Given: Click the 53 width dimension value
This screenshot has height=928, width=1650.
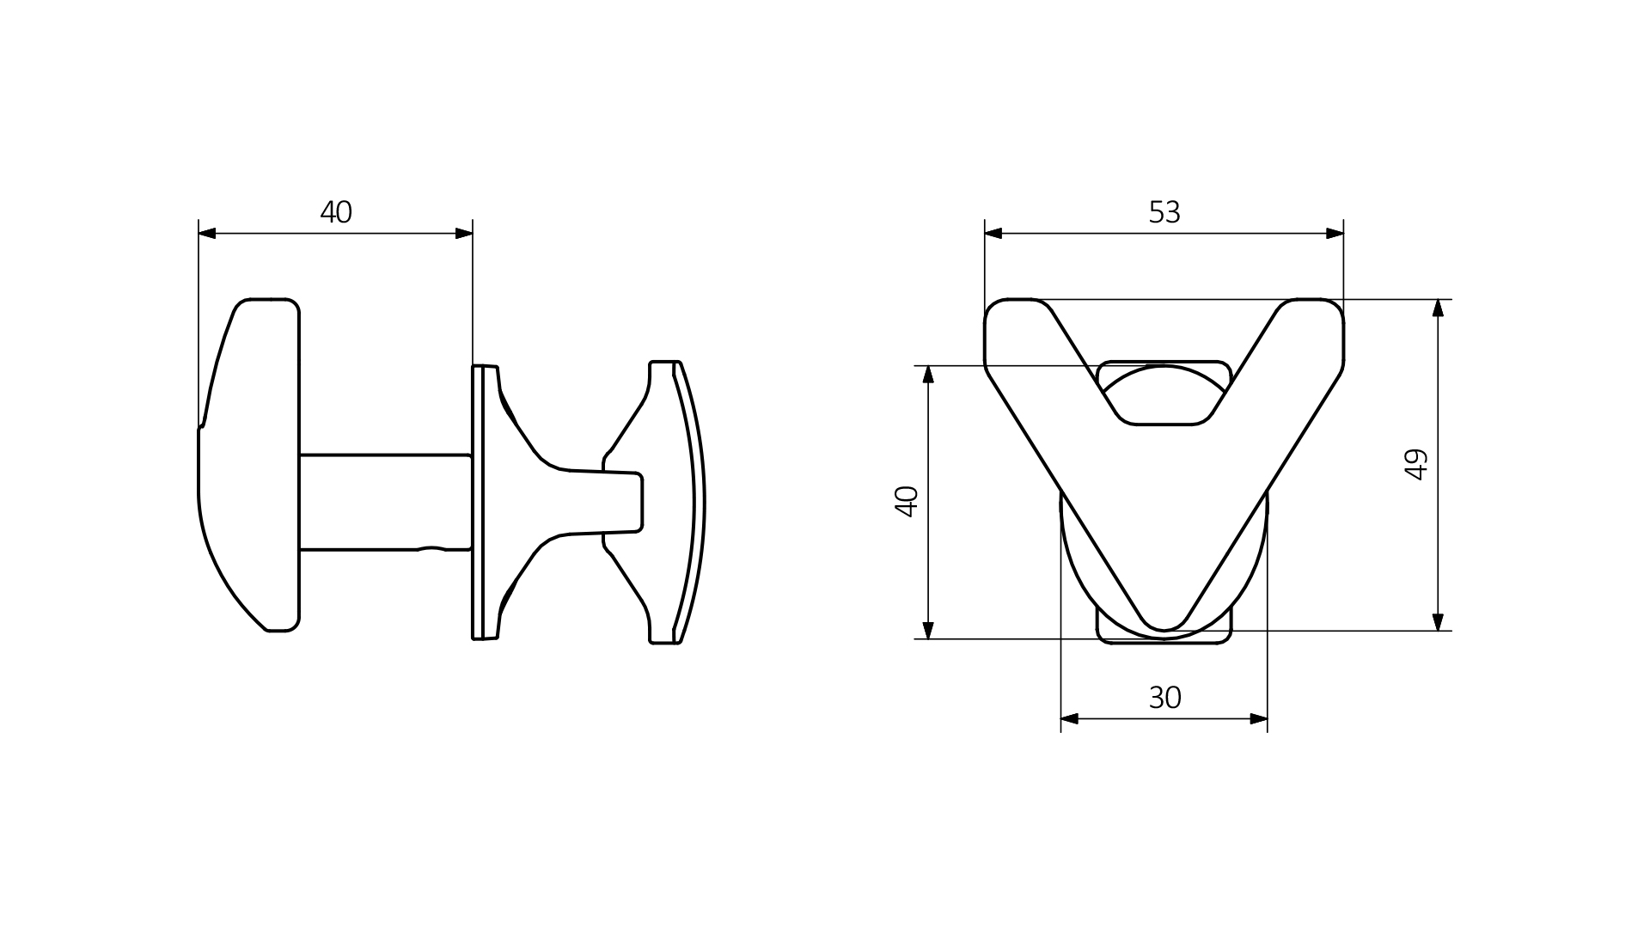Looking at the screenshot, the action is coord(1164,212).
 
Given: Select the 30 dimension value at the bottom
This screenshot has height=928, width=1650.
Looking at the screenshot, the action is coord(1164,698).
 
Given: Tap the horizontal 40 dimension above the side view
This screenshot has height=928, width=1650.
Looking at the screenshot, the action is coord(336,212).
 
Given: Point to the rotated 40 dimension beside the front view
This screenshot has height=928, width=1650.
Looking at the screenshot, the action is coord(907,501).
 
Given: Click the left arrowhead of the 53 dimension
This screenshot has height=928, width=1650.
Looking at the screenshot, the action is coord(993,233).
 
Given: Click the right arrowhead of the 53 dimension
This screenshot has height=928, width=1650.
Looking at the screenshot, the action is coord(1335,233).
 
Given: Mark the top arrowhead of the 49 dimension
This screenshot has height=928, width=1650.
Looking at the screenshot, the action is coord(1439,308).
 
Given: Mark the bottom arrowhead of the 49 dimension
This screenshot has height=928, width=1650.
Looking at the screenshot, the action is coord(1439,622).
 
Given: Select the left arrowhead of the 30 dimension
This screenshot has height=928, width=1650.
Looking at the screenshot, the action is coord(1070,718).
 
